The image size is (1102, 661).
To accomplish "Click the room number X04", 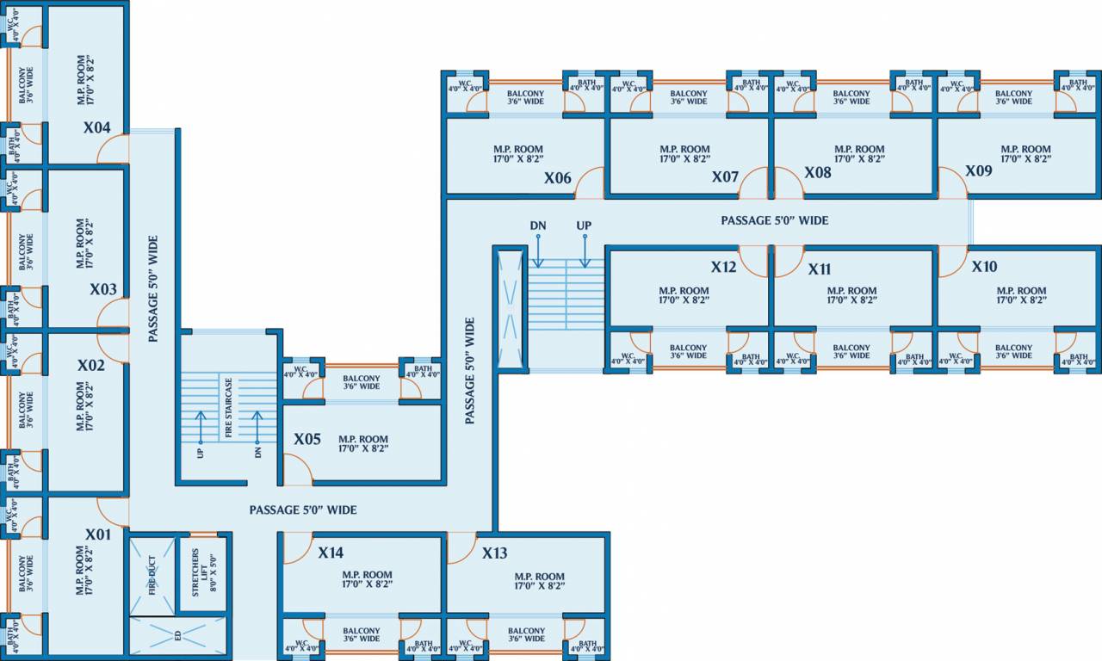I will [x=96, y=128].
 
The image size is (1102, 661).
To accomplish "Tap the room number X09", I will [x=979, y=171].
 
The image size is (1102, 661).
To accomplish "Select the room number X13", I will [x=495, y=553].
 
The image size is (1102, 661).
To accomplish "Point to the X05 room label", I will [x=307, y=439].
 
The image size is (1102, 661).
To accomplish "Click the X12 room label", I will [x=723, y=268].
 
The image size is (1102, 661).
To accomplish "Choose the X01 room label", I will [x=98, y=534].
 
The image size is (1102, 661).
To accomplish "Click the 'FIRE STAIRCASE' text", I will [x=229, y=407].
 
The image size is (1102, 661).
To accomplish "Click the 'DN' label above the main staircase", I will [x=538, y=226].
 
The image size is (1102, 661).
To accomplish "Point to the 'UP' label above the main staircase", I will [x=584, y=226].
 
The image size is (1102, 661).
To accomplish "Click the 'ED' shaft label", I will [x=177, y=637].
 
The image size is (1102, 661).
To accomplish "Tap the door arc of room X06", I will [x=589, y=182].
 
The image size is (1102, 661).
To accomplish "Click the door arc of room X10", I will [x=951, y=263].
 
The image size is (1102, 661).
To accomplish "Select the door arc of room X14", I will [x=296, y=547].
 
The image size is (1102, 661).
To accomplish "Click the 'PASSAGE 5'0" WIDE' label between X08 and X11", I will [x=774, y=221].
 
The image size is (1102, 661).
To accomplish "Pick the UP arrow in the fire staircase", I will [x=201, y=427].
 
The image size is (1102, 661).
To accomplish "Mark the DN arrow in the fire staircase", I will [x=257, y=427].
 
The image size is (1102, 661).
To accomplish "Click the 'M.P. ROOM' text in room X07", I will [x=685, y=150].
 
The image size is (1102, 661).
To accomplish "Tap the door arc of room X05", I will [x=298, y=470].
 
